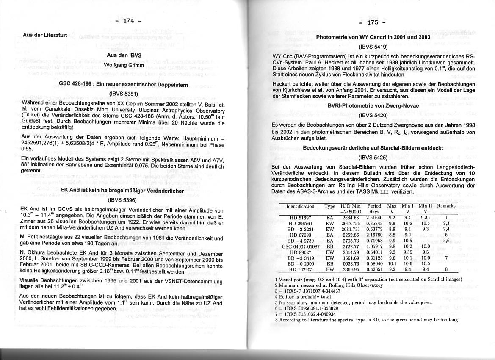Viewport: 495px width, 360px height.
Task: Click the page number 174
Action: pyautogui.click(x=129, y=21)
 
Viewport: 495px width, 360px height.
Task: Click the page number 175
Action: pyautogui.click(x=373, y=22)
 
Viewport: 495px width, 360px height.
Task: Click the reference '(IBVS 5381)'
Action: pyautogui.click(x=124, y=94)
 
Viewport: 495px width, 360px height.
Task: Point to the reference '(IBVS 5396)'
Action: pyautogui.click(x=122, y=200)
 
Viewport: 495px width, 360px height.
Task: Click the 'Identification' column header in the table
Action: pyautogui.click(x=300, y=206)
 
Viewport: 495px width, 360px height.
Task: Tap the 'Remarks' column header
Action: pyautogui.click(x=446, y=206)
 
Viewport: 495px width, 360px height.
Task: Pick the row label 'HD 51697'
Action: pyautogui.click(x=300, y=218)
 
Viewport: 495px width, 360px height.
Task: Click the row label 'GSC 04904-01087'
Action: pyautogui.click(x=301, y=246)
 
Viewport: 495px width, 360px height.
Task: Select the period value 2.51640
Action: pyautogui.click(x=374, y=218)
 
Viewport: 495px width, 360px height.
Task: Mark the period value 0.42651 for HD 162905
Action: pyautogui.click(x=374, y=269)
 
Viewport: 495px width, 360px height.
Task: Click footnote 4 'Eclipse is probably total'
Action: pyautogui.click(x=302, y=297)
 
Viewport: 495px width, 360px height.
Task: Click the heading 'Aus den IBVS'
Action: pyautogui.click(x=124, y=55)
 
